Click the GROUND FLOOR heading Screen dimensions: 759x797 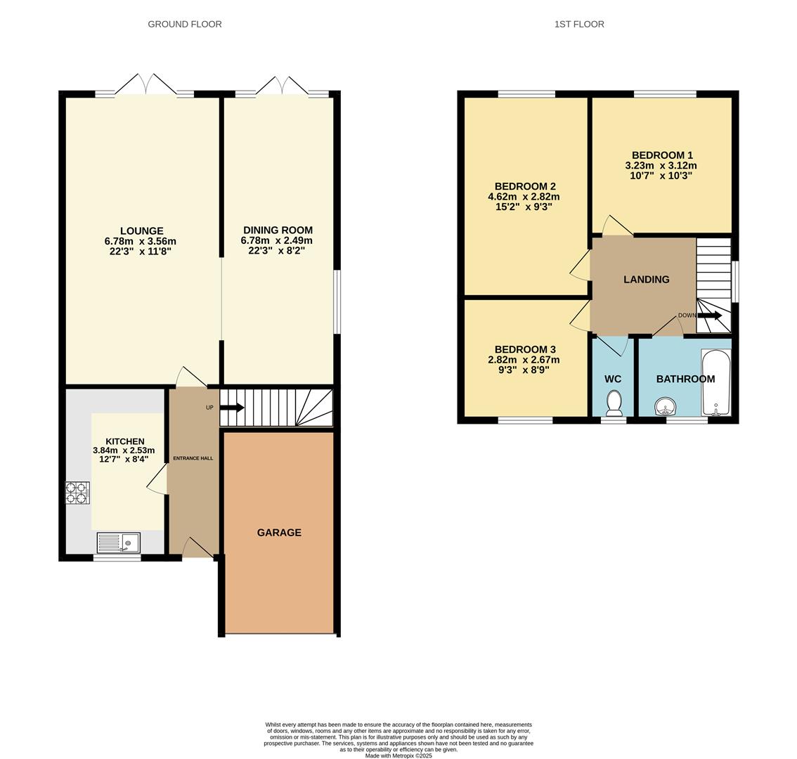tap(185, 24)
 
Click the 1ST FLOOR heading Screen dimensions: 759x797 tap(579, 24)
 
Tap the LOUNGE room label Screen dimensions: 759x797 tap(141, 231)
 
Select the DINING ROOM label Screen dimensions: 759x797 tap(278, 230)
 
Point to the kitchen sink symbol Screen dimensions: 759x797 tap(119, 543)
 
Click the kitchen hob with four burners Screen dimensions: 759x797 tap(77, 492)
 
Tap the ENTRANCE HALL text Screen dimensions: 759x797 tap(193, 458)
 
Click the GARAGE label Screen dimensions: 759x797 tap(279, 533)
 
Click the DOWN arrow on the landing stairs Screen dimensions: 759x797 tap(710, 316)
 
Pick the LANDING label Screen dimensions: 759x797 tap(646, 279)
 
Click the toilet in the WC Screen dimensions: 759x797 tap(614, 403)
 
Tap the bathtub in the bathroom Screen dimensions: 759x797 tap(716, 382)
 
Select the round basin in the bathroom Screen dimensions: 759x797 tap(665, 406)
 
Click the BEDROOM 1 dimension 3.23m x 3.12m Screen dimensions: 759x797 tap(661, 166)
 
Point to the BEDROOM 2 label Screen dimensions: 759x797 tap(525, 186)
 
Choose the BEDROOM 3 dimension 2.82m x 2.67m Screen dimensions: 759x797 tap(524, 360)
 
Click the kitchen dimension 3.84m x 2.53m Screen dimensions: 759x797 tap(124, 450)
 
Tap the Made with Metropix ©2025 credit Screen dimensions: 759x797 tap(398, 755)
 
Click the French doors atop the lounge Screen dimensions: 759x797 tap(145, 85)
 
